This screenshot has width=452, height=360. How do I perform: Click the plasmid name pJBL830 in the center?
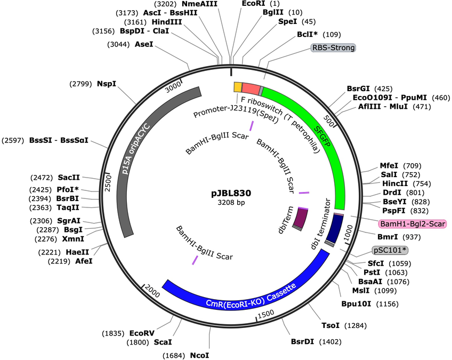pyautogui.click(x=231, y=193)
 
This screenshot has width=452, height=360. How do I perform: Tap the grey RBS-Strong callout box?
pyautogui.click(x=334, y=47)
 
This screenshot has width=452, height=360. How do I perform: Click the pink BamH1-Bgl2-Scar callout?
pyautogui.click(x=413, y=223)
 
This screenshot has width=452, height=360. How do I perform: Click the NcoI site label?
pyautogui.click(x=199, y=355)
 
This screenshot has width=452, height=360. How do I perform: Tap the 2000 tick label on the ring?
pyautogui.click(x=152, y=290)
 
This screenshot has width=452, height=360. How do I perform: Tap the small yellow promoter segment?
pyautogui.click(x=238, y=87)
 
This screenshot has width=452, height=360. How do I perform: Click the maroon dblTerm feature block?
pyautogui.click(x=300, y=218)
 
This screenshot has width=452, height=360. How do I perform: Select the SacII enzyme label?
pyautogui.click(x=69, y=177)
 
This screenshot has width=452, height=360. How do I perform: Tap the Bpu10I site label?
pyautogui.click(x=356, y=304)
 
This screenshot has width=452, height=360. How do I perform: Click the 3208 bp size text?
pyautogui.click(x=231, y=202)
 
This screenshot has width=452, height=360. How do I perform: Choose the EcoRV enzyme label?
pyautogui.click(x=142, y=333)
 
